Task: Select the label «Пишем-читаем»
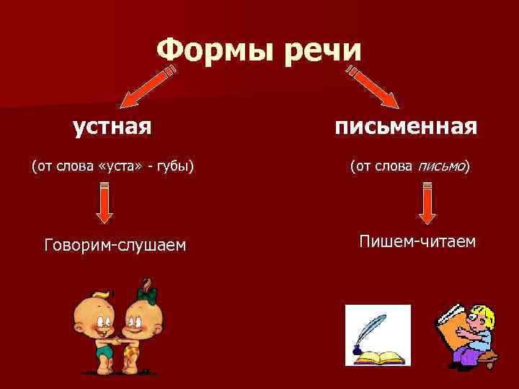click(417, 241)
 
